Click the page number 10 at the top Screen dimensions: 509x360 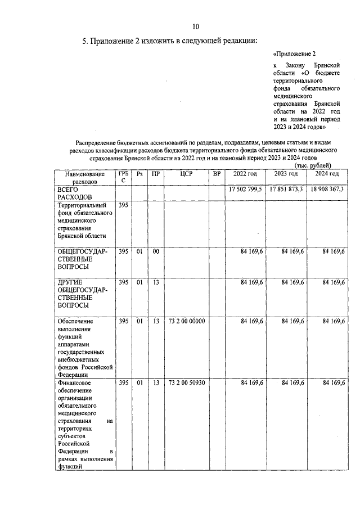(x=195, y=26)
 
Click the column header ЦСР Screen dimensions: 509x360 (x=187, y=174)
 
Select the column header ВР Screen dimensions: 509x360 (x=217, y=174)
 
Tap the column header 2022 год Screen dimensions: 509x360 (x=245, y=174)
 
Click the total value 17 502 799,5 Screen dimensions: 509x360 (x=245, y=190)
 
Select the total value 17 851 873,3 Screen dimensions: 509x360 (x=286, y=190)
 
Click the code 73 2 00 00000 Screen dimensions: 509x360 (x=187, y=321)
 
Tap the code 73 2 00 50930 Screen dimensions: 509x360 (x=187, y=383)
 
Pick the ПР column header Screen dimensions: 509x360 (x=155, y=174)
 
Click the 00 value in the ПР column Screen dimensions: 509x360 (x=155, y=251)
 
